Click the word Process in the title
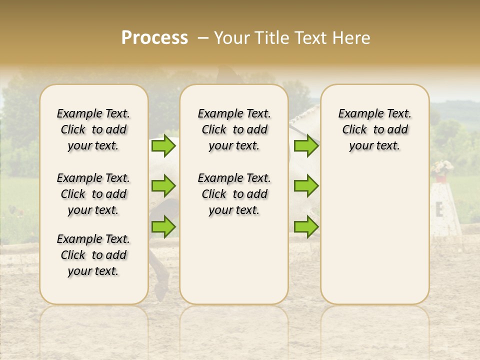pos(154,37)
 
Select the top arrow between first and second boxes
pos(163,145)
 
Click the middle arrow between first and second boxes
pos(163,186)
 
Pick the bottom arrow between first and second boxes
pos(163,226)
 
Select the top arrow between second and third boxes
pos(306,145)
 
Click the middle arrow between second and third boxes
pos(306,186)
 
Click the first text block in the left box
pos(93,129)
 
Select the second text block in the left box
pos(93,194)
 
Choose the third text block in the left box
pos(93,255)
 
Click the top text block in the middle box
pos(234,129)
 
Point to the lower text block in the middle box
pos(234,194)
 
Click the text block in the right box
pos(374,129)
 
